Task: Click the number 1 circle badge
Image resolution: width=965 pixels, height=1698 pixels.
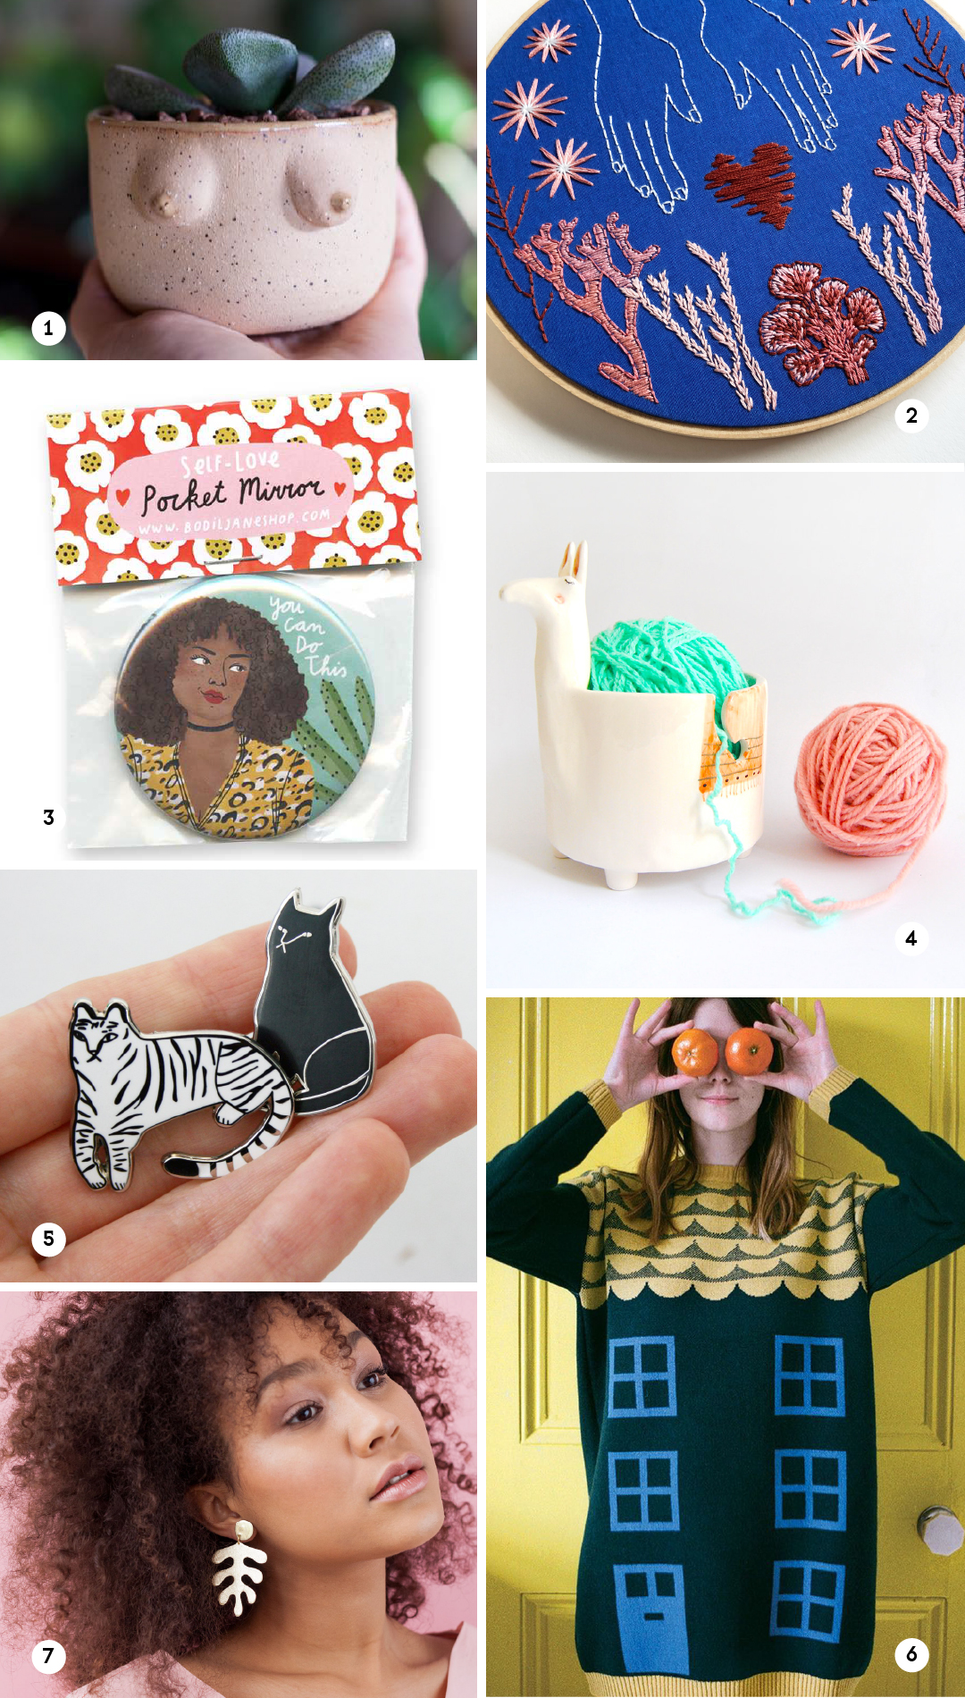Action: [x=48, y=328]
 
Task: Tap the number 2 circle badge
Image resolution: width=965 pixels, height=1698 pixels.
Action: [x=911, y=416]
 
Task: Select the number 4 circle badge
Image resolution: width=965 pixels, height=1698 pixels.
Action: [x=911, y=938]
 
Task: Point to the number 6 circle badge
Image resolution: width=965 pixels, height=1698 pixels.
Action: [x=911, y=1654]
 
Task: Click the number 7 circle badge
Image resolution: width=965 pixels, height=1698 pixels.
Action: [x=48, y=1656]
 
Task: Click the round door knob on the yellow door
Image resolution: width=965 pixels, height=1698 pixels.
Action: [x=939, y=1530]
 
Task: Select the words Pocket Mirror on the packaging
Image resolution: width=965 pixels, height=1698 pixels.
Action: [x=231, y=494]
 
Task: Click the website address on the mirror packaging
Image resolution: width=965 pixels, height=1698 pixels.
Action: [x=234, y=522]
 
